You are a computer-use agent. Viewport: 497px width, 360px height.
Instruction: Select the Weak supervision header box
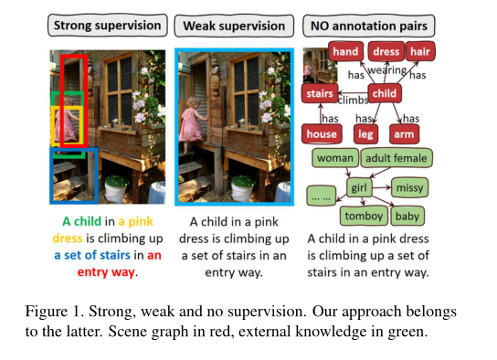(x=236, y=26)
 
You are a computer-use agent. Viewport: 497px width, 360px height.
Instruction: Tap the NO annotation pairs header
(x=368, y=26)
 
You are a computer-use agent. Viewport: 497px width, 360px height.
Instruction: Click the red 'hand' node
(x=345, y=53)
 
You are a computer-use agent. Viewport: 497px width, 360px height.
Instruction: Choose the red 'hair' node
(x=420, y=53)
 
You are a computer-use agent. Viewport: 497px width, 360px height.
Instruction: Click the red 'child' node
(x=385, y=93)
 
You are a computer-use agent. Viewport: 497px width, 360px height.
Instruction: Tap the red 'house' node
(x=322, y=134)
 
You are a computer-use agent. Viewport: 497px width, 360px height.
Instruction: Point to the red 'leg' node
(x=365, y=134)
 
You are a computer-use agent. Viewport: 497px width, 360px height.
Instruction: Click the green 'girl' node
(x=360, y=188)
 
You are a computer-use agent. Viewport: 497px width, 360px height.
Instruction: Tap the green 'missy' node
(x=410, y=188)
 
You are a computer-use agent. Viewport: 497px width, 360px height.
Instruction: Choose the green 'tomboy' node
(x=364, y=217)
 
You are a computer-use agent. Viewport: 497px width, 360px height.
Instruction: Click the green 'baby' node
(x=407, y=217)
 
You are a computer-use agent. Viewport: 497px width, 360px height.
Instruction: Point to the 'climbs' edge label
(x=354, y=98)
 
